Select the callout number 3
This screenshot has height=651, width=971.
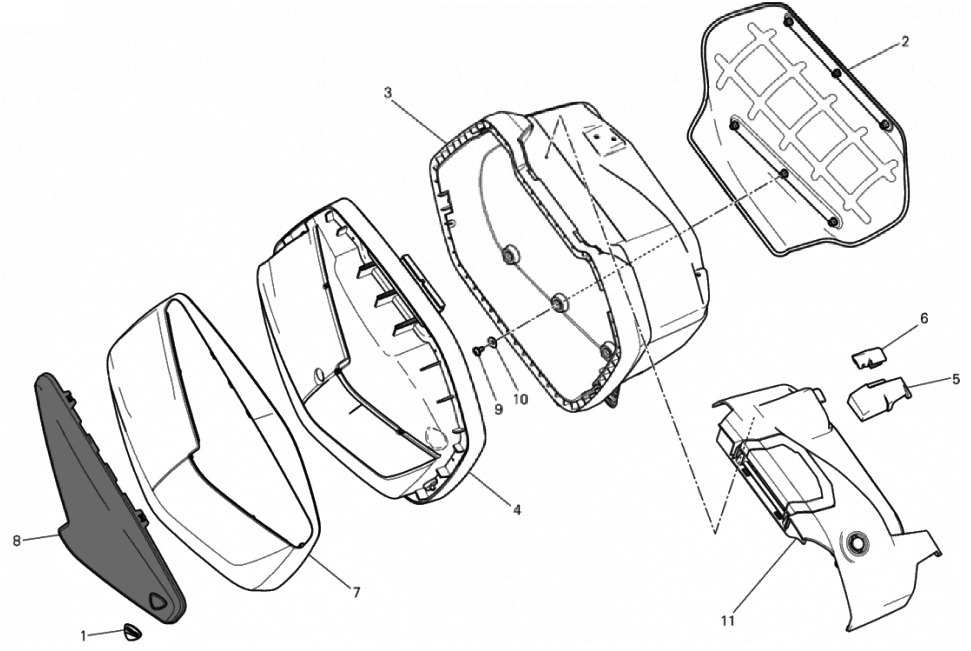[x=387, y=93]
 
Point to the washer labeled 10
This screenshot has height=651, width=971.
[x=492, y=342]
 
